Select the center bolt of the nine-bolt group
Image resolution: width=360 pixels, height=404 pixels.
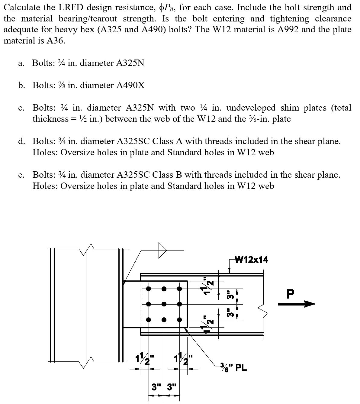[x=164, y=304]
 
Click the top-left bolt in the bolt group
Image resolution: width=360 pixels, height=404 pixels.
[x=149, y=289]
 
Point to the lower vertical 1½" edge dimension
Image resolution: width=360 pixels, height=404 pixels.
[x=208, y=324]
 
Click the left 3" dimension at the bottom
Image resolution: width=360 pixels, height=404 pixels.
[x=156, y=386]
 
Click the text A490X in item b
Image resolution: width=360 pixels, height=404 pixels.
[x=130, y=86]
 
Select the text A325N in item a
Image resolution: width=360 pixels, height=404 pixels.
[x=130, y=63]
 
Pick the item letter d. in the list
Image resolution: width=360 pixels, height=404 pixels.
[x=21, y=141]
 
